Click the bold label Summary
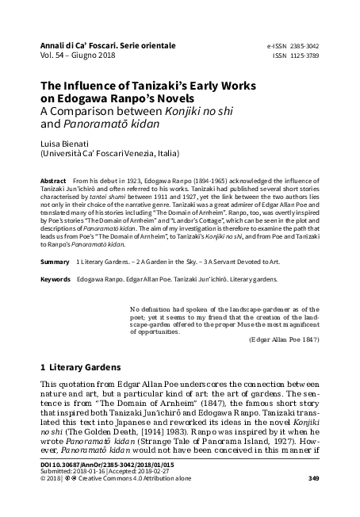pyautogui.click(x=55, y=262)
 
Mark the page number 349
pyautogui.click(x=313, y=500)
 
